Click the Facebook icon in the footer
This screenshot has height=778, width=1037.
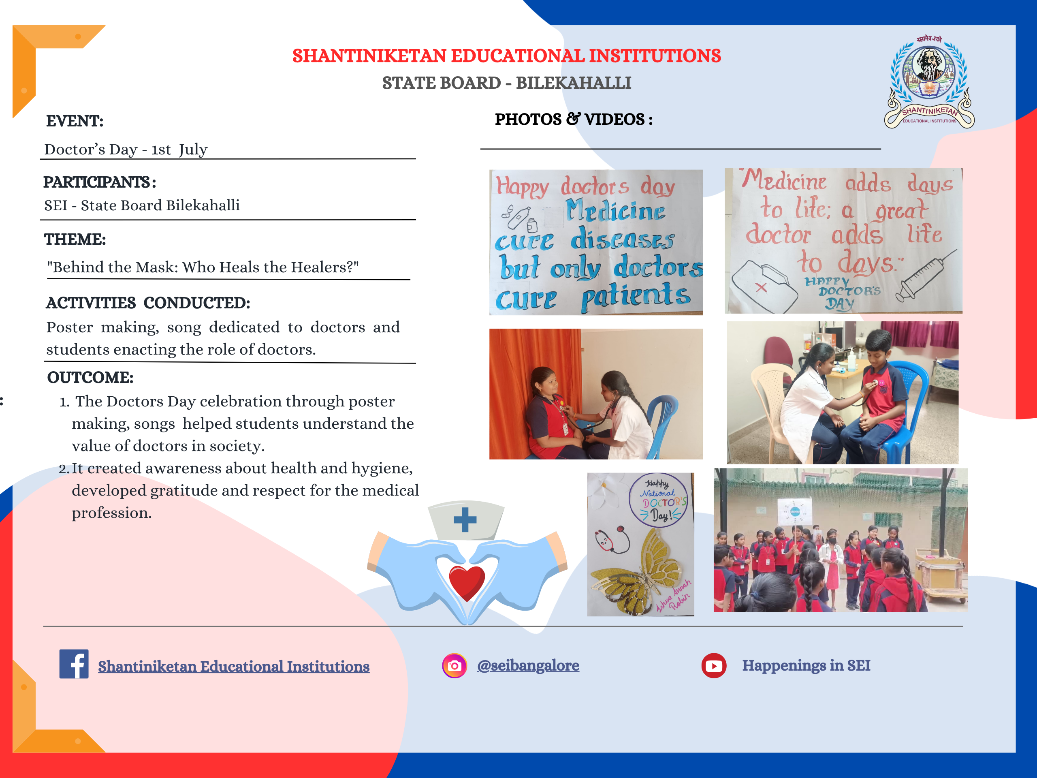click(x=74, y=664)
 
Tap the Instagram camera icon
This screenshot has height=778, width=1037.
click(x=454, y=665)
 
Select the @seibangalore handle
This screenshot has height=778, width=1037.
click(x=528, y=665)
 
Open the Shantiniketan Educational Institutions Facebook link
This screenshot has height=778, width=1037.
click(x=233, y=667)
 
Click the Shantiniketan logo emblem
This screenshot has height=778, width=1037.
click(x=930, y=82)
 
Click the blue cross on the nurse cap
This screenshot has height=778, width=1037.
click(x=465, y=519)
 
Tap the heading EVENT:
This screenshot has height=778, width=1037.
click(x=75, y=121)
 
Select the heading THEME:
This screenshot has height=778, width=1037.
click(x=75, y=239)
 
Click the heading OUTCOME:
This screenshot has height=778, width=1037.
click(x=90, y=378)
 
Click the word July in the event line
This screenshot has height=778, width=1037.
click(x=193, y=150)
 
